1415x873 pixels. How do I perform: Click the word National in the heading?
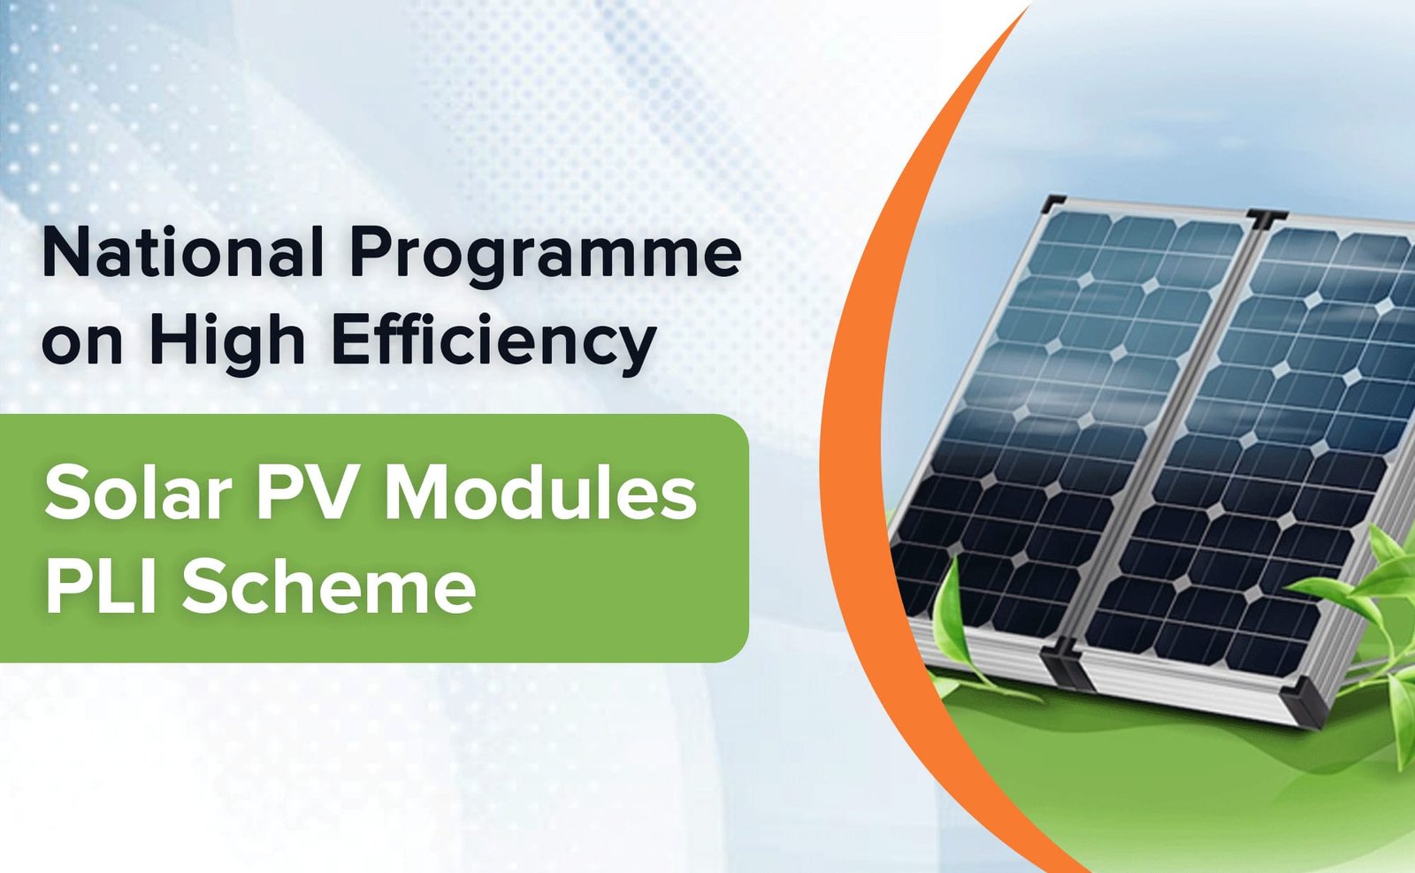[x=182, y=253]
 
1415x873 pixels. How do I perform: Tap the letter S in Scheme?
[x=203, y=586]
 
